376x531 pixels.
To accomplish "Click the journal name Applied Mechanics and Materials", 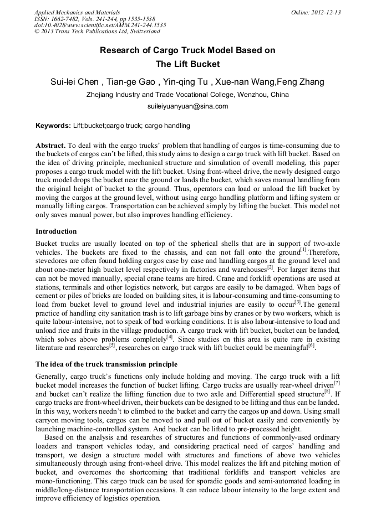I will point(77,12).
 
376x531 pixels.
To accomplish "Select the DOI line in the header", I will point(100,25).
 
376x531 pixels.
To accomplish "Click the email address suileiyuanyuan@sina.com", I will point(187,106).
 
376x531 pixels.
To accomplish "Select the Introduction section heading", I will point(56,231).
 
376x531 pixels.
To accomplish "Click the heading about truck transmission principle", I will point(106,348).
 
